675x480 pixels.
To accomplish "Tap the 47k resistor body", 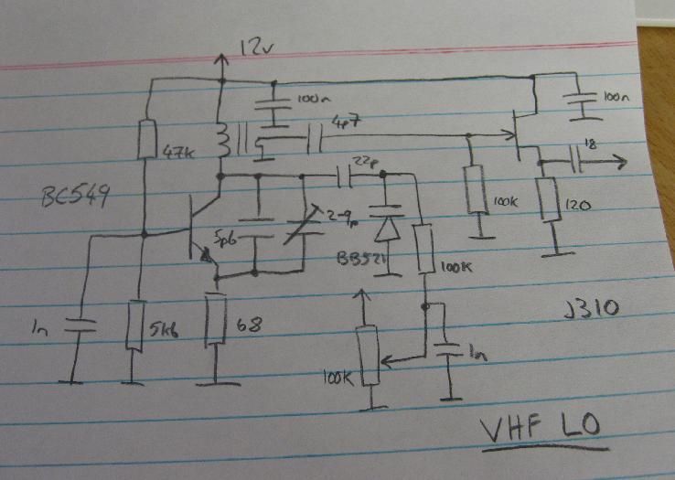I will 145,140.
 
